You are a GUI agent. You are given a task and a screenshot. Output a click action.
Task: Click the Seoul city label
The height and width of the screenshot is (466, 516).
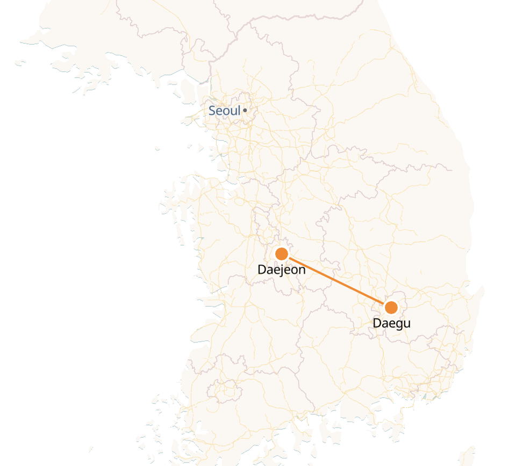click(x=225, y=111)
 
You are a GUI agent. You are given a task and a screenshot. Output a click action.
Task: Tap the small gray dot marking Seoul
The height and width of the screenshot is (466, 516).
click(x=245, y=110)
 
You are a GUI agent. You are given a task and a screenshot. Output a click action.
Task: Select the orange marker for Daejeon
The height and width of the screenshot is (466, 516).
click(x=282, y=253)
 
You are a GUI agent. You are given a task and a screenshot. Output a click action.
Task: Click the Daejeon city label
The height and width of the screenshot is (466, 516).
click(x=282, y=270)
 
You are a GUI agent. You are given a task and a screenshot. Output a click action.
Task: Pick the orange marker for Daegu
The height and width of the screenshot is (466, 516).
click(x=391, y=308)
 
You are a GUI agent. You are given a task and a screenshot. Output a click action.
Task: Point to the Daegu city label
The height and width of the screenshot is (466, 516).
click(x=391, y=323)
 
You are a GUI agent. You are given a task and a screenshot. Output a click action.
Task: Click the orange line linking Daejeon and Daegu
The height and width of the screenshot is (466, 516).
click(x=336, y=280)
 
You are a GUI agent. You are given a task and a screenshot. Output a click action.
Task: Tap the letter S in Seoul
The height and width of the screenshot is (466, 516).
click(x=212, y=111)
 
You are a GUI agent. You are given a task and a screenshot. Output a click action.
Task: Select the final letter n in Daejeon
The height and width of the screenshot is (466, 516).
click(x=302, y=270)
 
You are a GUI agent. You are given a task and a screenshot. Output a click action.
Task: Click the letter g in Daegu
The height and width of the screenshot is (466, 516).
click(x=397, y=325)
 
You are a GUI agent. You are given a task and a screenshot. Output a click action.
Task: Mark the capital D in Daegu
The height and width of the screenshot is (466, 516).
click(x=377, y=323)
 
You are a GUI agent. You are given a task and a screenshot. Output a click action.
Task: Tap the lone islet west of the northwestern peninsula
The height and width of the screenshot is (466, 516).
click(x=20, y=63)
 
